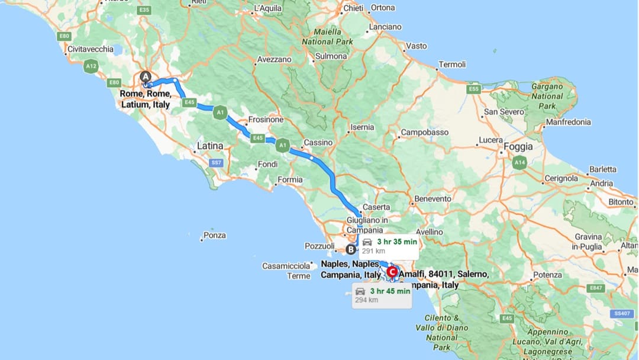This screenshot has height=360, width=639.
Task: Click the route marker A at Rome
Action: point(146,76)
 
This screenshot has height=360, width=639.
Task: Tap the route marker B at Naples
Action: point(351,249)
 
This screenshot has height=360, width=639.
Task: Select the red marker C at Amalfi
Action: point(392,272)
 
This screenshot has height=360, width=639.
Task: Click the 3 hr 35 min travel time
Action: point(396,242)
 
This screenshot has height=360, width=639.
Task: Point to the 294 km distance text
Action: point(366,300)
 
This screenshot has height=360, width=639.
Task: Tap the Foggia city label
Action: point(518,147)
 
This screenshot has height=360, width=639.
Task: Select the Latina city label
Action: point(210,146)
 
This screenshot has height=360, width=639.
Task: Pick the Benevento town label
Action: point(433,199)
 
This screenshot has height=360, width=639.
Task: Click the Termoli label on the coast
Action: point(452,64)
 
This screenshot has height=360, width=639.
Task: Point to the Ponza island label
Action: point(214,235)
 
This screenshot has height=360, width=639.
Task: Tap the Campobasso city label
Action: point(425,133)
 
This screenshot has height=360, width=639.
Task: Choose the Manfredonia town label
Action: point(568,122)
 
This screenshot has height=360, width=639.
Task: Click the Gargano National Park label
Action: point(547,96)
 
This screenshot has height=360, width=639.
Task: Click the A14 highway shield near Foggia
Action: point(520,162)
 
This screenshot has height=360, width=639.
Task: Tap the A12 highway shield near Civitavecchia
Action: point(91,66)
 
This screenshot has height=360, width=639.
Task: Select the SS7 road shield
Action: point(217,162)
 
